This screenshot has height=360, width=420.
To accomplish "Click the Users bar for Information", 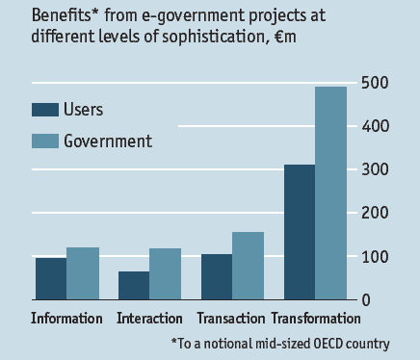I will [51, 279].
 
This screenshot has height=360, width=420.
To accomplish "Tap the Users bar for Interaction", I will [133, 286].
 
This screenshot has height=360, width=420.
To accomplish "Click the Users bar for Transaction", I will [217, 277].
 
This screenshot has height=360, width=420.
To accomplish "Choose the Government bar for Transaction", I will [249, 266].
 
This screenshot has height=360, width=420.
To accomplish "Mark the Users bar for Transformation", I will [300, 232].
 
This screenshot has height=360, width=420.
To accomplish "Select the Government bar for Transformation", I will [331, 193].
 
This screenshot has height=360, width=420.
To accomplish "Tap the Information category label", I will [66, 319].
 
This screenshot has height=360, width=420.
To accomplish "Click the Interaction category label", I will [149, 319].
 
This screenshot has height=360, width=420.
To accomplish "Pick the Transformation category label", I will [316, 319].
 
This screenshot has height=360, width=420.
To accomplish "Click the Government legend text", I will [108, 141].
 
